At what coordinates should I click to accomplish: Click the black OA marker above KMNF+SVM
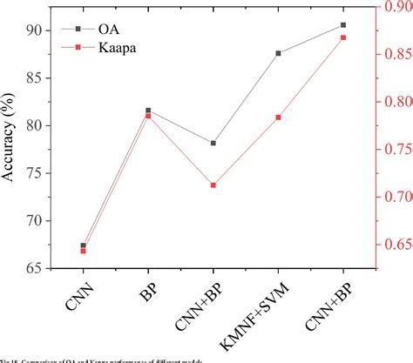278,53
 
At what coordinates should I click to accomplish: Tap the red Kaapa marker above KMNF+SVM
278,117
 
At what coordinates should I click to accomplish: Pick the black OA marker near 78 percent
213,143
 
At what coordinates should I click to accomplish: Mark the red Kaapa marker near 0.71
213,185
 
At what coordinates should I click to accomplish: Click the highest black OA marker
343,25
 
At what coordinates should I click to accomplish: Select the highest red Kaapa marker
343,37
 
